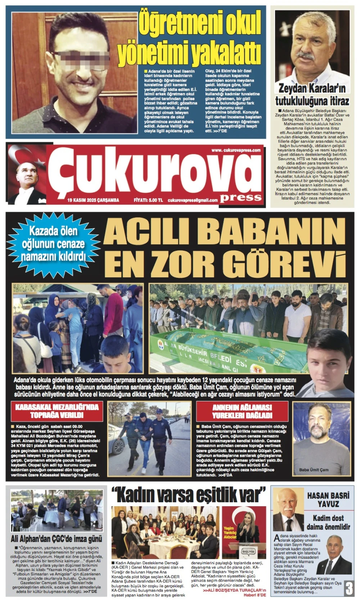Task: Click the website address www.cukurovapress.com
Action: (236, 150)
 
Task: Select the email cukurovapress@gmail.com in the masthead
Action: (193, 200)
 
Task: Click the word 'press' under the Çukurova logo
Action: (241, 197)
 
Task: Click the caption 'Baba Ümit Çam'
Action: (314, 470)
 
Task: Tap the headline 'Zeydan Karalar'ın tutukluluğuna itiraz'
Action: (312, 94)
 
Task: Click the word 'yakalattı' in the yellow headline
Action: (225, 53)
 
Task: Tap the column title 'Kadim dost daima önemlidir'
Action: (328, 522)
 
